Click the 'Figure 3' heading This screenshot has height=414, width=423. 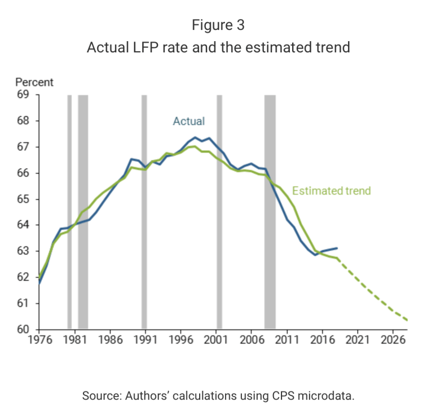pyautogui.click(x=218, y=25)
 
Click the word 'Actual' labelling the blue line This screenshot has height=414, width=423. pyautogui.click(x=188, y=121)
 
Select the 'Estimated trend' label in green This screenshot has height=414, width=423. pyautogui.click(x=332, y=190)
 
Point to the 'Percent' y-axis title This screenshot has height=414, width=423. pyautogui.click(x=34, y=82)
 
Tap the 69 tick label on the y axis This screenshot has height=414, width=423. pyautogui.click(x=23, y=95)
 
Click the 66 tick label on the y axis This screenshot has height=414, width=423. pyautogui.click(x=23, y=173)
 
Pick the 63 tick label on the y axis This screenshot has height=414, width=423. pyautogui.click(x=23, y=251)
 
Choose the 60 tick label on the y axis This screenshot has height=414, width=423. pyautogui.click(x=23, y=330)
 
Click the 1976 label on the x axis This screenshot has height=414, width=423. pyautogui.click(x=38, y=341)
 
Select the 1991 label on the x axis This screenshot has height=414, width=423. pyautogui.click(x=145, y=341)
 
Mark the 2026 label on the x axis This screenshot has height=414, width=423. pyautogui.click(x=394, y=341)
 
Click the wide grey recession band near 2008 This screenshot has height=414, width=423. pyautogui.click(x=270, y=211)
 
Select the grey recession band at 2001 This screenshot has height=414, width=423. pyautogui.click(x=219, y=211)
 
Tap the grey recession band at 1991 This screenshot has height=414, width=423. pyautogui.click(x=144, y=211)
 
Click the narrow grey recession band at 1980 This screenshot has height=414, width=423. pyautogui.click(x=69, y=211)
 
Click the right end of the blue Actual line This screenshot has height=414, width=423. pyautogui.click(x=337, y=248)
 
